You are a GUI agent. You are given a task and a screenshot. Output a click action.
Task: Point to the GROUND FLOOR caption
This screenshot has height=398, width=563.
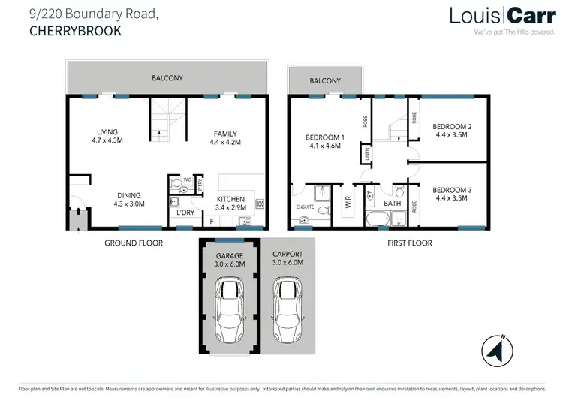click(133, 243)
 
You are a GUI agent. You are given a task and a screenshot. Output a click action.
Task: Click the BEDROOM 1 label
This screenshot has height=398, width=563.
click(325, 143)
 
